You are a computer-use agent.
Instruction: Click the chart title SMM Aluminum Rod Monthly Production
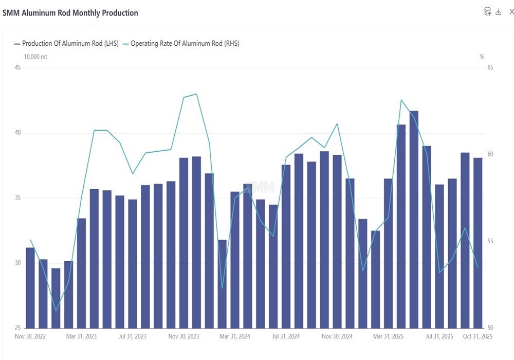coord(70,13)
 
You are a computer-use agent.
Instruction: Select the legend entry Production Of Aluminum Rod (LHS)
coord(66,44)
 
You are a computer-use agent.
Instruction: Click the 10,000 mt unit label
coord(35,57)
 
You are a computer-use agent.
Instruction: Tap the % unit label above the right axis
coord(482,57)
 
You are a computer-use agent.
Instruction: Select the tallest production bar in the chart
coord(414,220)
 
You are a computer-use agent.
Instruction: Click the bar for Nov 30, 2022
coord(30,288)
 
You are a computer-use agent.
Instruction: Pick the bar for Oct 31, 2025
coord(478,243)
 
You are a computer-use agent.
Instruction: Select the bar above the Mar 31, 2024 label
coord(235,260)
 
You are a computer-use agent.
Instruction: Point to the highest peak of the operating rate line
coord(196,94)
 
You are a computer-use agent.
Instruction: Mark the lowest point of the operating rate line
coord(56,311)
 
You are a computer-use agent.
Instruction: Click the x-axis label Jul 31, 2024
coord(286,336)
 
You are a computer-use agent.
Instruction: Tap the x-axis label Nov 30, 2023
coord(183,336)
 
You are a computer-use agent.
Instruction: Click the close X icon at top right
coord(511,12)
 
